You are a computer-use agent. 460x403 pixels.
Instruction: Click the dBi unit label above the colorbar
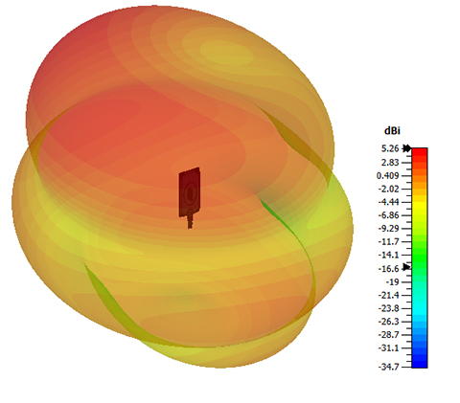point(392,130)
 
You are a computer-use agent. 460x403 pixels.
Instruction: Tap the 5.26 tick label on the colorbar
point(390,148)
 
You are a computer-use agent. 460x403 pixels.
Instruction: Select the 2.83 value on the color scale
point(390,163)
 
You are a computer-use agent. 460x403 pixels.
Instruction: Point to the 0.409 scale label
point(388,176)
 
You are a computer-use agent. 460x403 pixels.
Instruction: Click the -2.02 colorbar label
point(389,189)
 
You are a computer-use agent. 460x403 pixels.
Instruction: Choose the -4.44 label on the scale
point(389,202)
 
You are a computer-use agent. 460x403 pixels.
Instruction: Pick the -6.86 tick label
point(389,215)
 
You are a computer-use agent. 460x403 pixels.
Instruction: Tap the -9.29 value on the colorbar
point(389,229)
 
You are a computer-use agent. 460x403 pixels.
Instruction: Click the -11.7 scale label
point(389,242)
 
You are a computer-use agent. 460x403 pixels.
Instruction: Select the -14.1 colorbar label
point(389,255)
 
